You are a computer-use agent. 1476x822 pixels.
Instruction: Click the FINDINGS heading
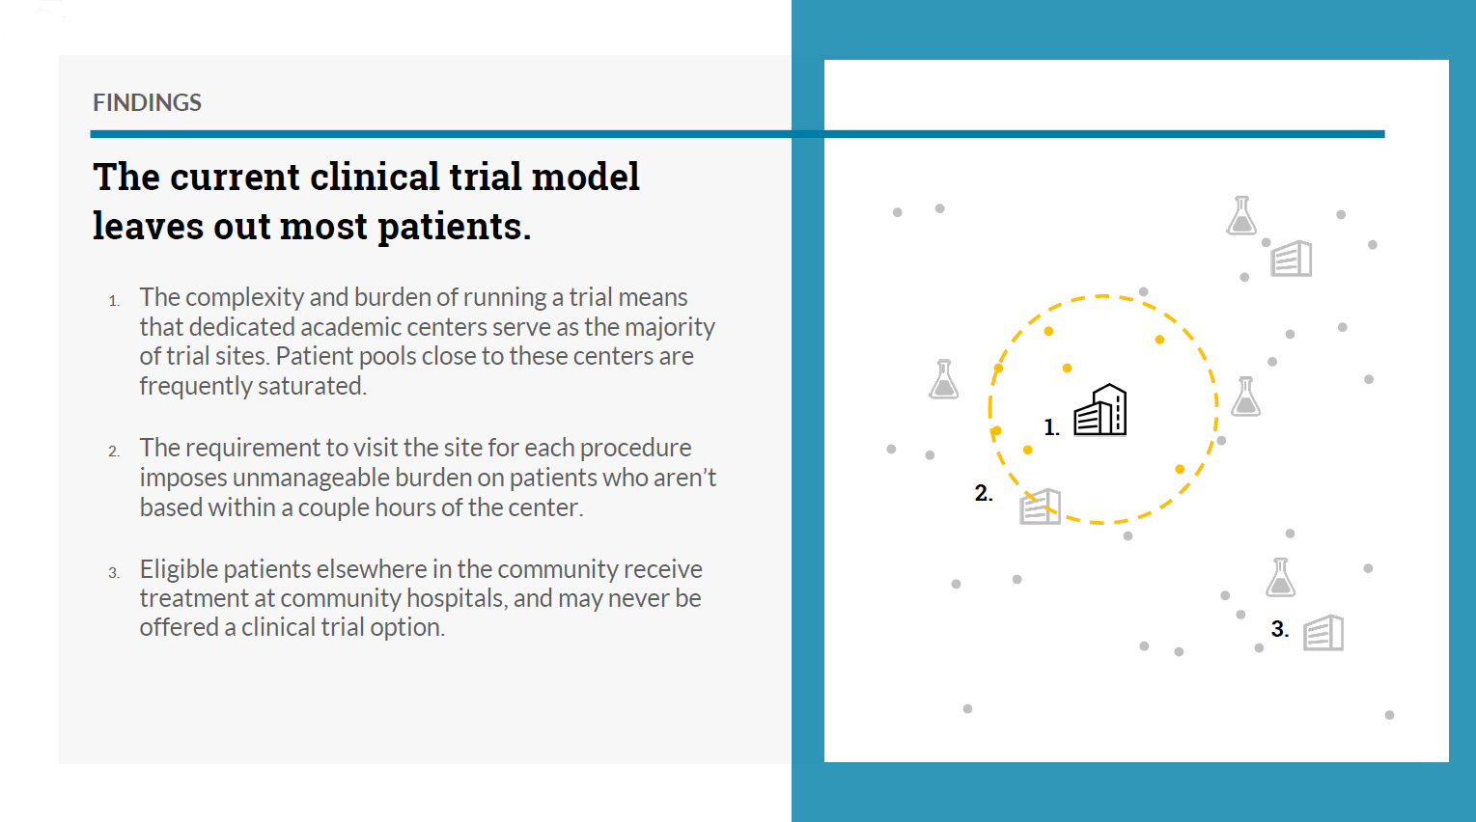[x=147, y=102]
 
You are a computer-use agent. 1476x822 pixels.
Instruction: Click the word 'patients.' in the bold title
[x=454, y=228]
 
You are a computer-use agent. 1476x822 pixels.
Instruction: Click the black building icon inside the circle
[x=1100, y=410]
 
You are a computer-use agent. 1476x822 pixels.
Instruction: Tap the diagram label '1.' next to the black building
[x=1051, y=427]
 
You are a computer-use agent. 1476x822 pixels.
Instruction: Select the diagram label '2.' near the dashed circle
[x=983, y=493]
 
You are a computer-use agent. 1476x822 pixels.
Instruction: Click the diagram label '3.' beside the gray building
[x=1280, y=629]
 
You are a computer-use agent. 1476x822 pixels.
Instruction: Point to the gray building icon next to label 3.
[x=1323, y=633]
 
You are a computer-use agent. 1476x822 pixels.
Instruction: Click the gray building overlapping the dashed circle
[x=1041, y=507]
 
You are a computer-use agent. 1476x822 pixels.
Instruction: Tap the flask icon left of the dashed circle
[x=943, y=379]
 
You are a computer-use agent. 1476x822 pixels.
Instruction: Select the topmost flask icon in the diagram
[x=1241, y=215]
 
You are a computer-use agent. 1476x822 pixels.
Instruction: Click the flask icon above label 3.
[x=1280, y=578]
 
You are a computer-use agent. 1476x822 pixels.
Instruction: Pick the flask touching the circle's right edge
[x=1245, y=397]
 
